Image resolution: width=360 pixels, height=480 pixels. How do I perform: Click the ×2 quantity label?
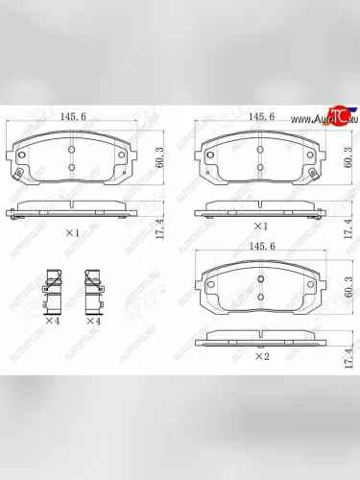(259, 356)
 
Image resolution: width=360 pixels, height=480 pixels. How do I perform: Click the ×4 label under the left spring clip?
(53, 322)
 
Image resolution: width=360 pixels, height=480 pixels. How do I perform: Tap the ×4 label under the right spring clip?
(93, 322)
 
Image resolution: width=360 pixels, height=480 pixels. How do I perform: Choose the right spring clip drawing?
(94, 288)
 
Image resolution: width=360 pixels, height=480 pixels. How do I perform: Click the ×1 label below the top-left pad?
(72, 232)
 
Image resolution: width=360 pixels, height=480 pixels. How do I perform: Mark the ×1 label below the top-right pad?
(259, 226)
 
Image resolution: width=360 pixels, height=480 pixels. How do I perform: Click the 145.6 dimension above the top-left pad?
(74, 116)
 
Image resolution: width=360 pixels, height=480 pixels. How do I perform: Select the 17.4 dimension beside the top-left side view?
(157, 228)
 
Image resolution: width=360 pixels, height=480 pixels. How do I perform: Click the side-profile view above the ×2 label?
(259, 337)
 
